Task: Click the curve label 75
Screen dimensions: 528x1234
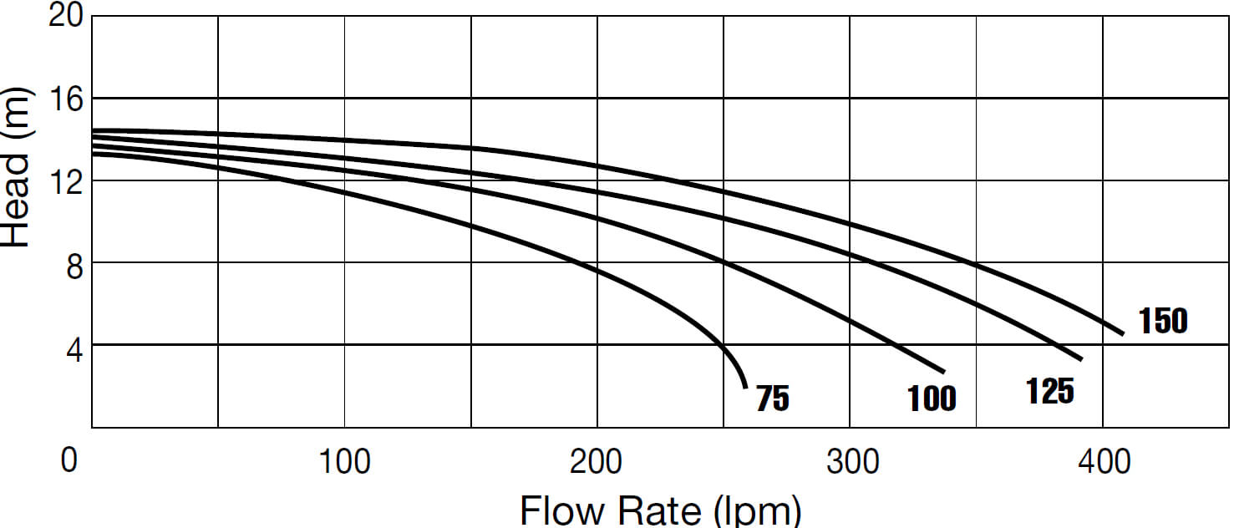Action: click(x=772, y=399)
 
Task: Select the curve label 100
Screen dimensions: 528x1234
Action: click(x=932, y=399)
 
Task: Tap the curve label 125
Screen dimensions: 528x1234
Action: click(x=1050, y=390)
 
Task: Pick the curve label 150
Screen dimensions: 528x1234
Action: click(x=1162, y=321)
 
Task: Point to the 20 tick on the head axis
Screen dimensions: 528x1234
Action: click(x=66, y=16)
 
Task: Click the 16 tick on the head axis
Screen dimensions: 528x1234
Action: click(x=66, y=99)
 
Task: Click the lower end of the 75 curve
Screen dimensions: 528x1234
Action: click(x=745, y=387)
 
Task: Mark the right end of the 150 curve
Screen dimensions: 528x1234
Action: click(x=1123, y=333)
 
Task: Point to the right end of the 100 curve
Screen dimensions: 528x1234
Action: click(x=943, y=371)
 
